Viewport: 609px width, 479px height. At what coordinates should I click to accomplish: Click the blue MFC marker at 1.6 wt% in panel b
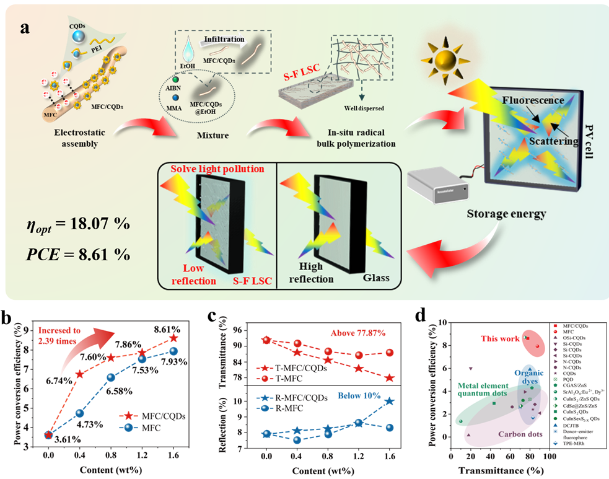tap(174, 351)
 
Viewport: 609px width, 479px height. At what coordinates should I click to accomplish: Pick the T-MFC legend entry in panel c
tap(289, 379)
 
